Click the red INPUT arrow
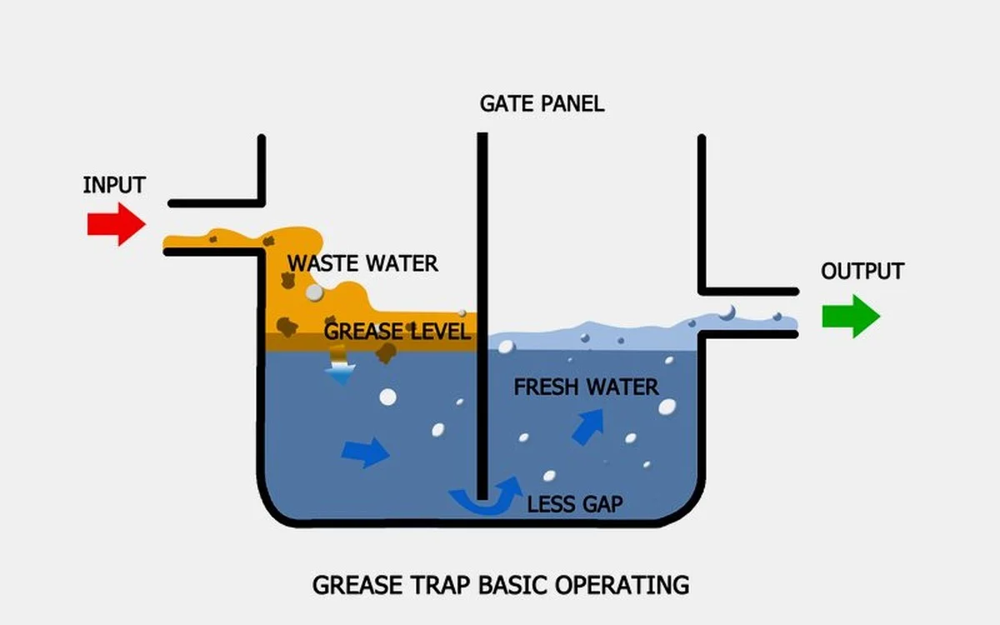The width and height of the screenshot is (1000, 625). click(x=117, y=224)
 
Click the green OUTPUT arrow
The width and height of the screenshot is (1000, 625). click(x=851, y=317)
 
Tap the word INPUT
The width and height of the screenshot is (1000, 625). click(x=114, y=185)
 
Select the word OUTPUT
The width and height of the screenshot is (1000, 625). click(x=862, y=272)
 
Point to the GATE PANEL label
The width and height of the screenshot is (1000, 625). click(x=542, y=104)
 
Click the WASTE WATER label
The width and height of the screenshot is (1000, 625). click(x=362, y=264)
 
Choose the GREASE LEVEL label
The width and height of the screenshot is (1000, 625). click(x=397, y=332)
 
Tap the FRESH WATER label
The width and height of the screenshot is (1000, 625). click(x=586, y=387)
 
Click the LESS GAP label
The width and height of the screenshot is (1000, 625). click(x=575, y=504)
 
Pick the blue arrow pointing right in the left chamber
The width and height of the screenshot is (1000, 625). click(x=365, y=452)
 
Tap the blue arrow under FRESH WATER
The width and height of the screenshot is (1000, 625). click(x=588, y=425)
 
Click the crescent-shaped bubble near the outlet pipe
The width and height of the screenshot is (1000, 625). click(x=727, y=312)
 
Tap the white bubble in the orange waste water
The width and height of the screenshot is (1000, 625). click(x=314, y=292)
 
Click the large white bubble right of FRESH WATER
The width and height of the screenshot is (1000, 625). click(x=667, y=407)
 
